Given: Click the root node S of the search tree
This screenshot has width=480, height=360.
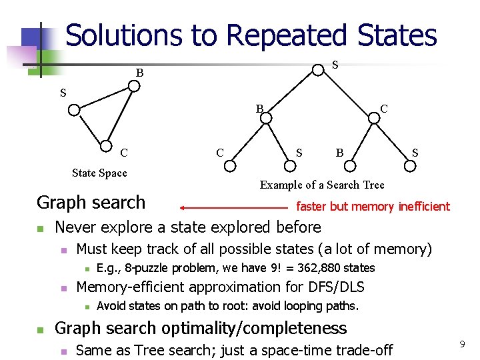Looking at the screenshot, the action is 318,69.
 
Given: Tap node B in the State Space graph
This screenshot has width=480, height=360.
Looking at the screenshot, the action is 134,86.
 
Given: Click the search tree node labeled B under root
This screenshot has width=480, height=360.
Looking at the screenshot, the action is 265,118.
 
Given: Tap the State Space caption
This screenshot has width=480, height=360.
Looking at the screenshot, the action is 99,173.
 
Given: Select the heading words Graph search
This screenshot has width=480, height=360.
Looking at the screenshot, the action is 91,202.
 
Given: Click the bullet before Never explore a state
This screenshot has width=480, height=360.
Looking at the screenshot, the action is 40,229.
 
